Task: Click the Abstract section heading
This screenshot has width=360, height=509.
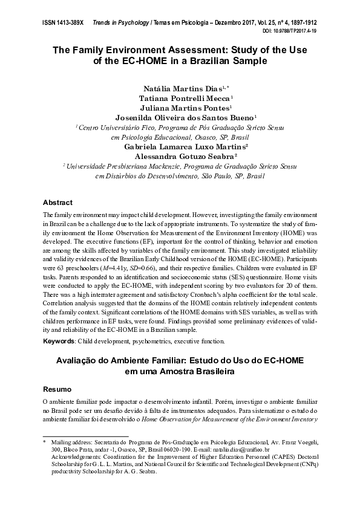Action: (x=58, y=202)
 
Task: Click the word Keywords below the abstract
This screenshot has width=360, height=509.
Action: (x=58, y=342)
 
